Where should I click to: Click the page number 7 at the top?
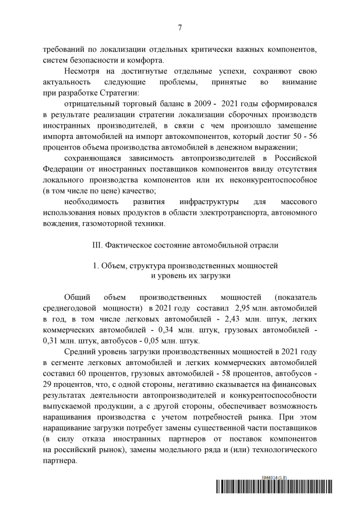coord(179,27)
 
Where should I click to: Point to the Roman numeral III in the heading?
coord(95,246)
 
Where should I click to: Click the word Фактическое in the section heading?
coord(127,246)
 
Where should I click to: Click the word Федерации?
coord(63,169)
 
